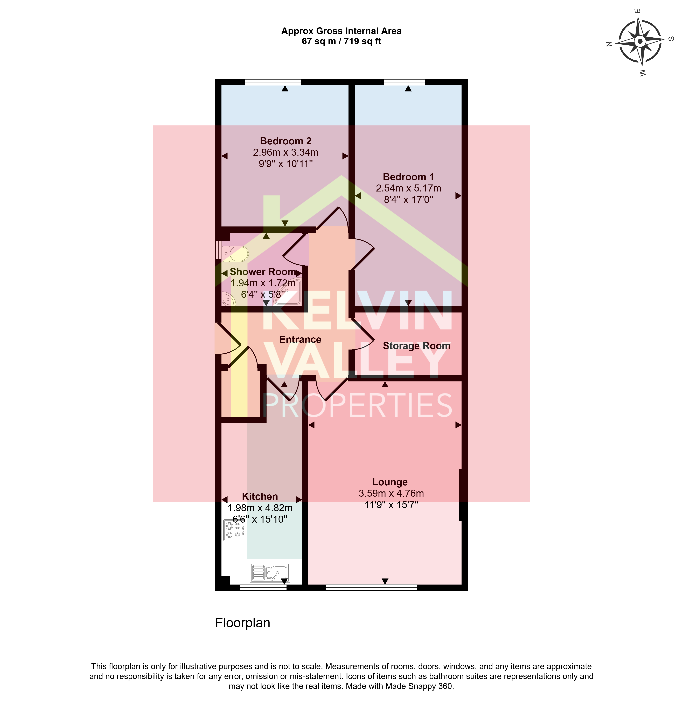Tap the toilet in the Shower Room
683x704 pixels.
point(235,254)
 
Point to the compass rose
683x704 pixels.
point(639,42)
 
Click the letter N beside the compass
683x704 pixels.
point(609,44)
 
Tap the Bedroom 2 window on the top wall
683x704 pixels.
point(273,82)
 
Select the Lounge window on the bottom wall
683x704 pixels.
point(372,588)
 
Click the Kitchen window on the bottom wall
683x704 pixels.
point(263,588)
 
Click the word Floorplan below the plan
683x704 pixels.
point(242,622)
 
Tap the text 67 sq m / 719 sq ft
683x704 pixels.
point(341,41)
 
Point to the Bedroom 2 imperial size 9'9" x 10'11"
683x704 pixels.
point(286,164)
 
